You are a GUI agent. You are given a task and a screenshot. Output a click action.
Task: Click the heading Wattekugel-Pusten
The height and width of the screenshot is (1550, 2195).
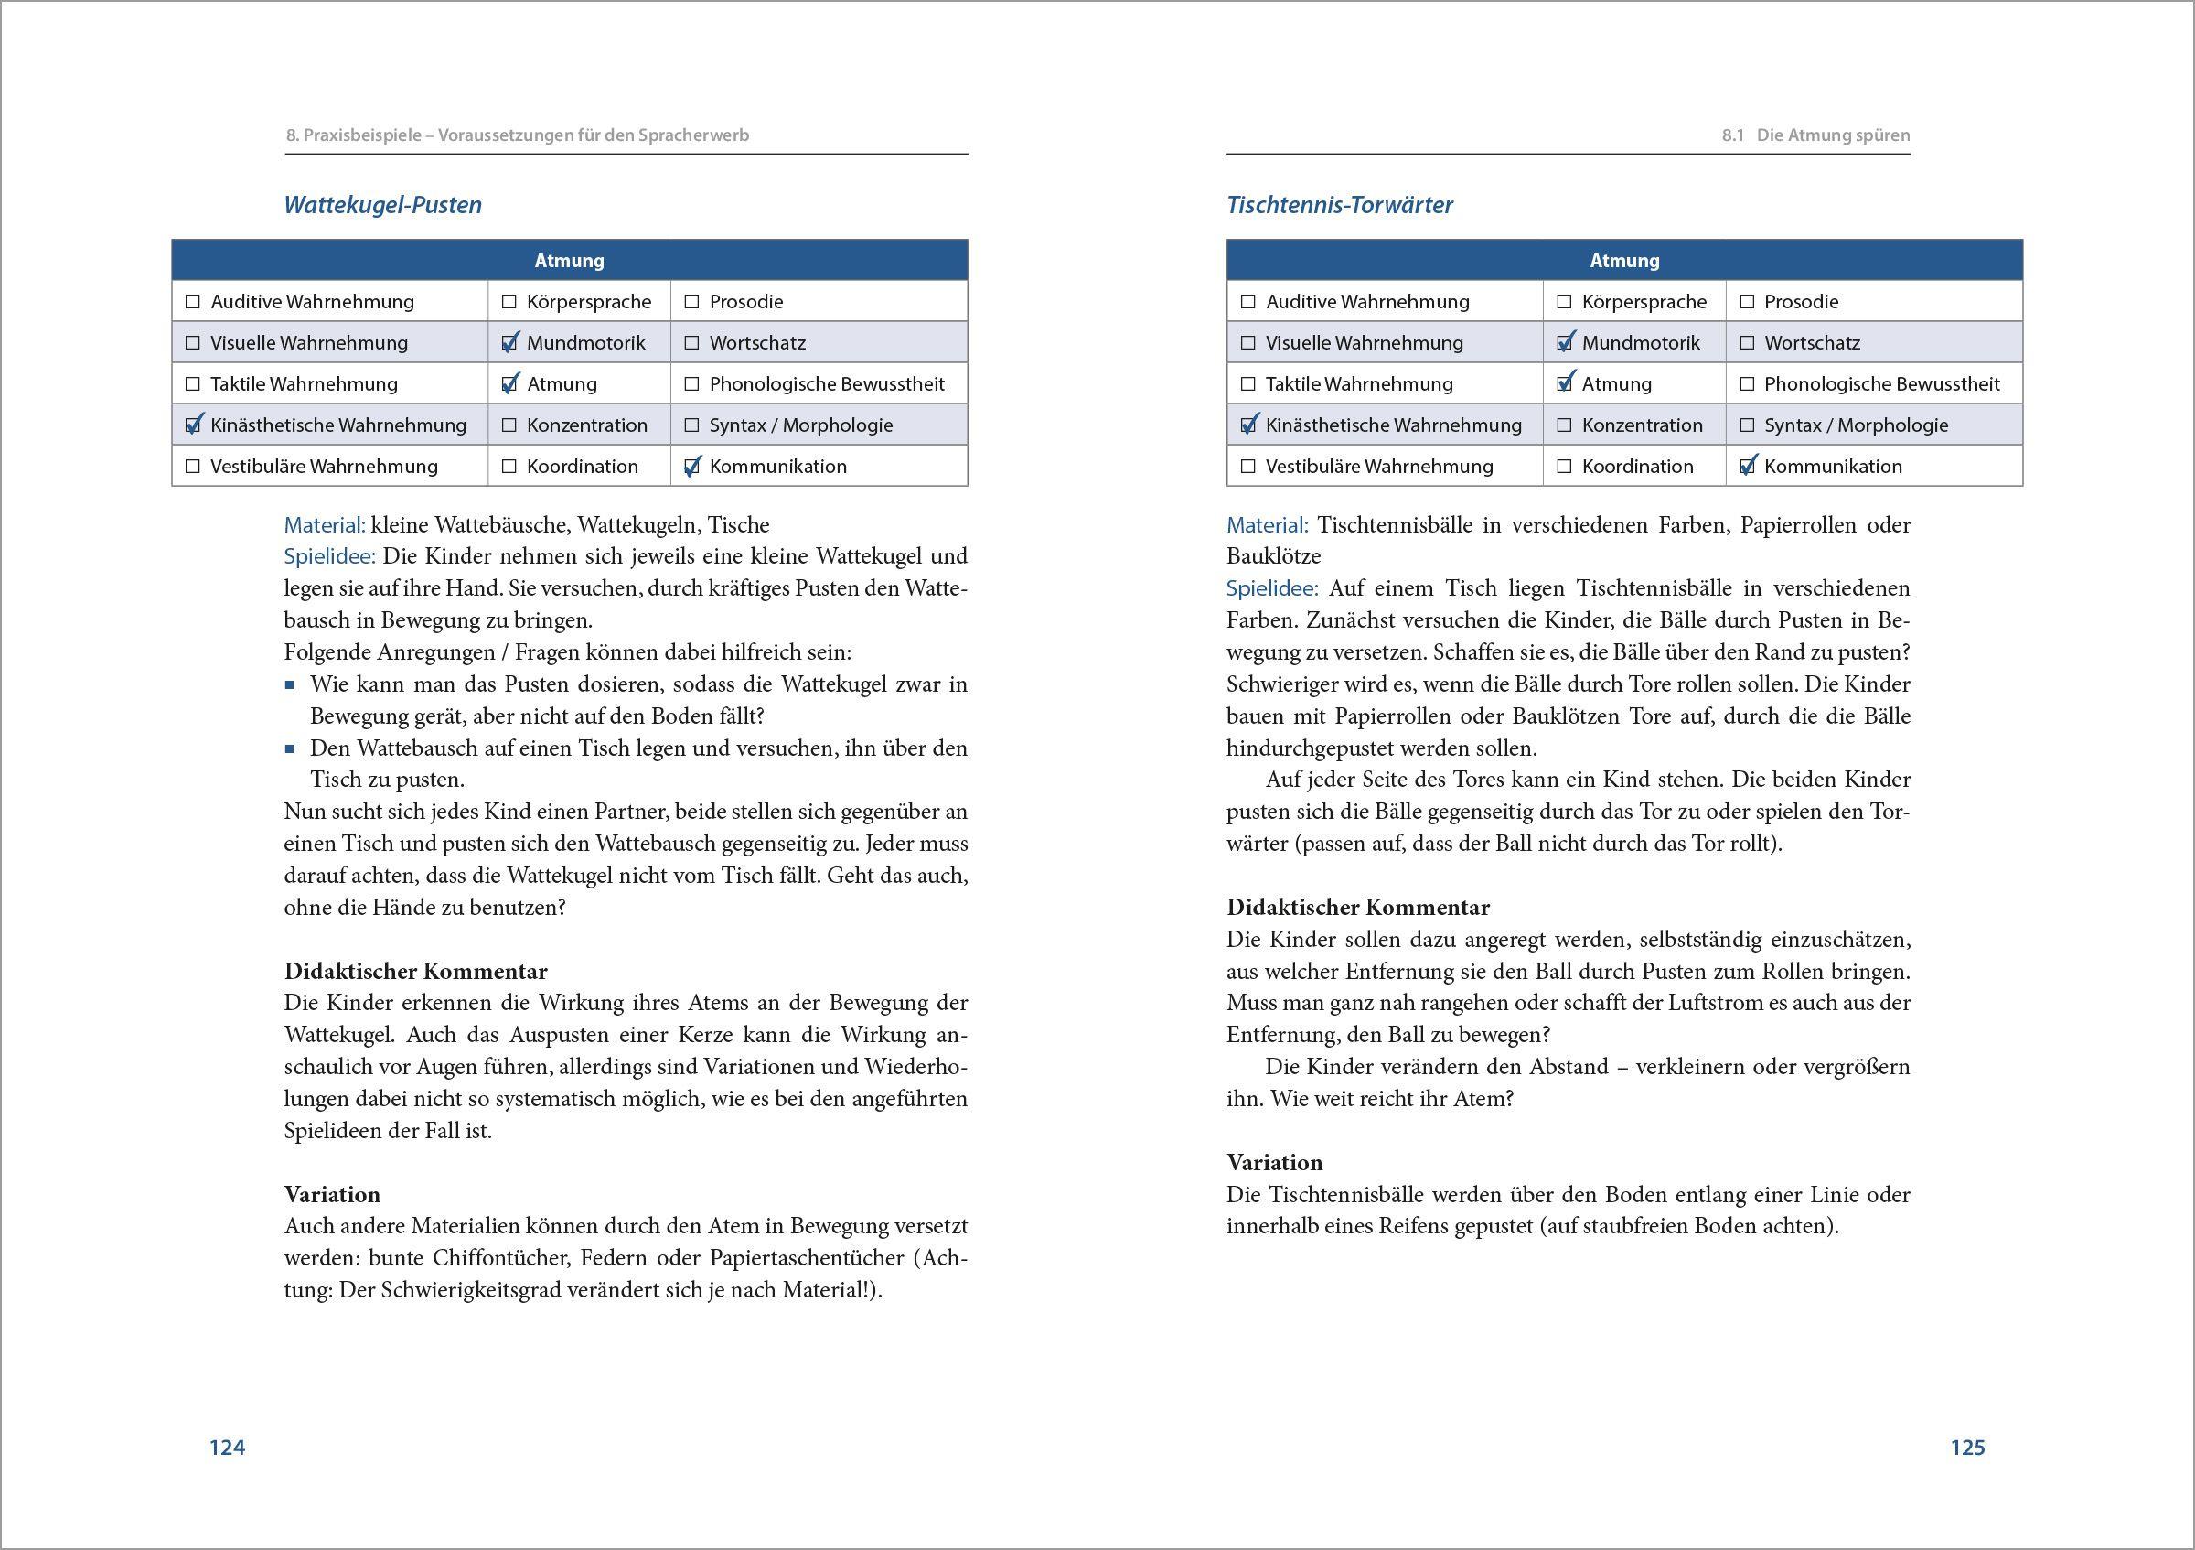pos(382,205)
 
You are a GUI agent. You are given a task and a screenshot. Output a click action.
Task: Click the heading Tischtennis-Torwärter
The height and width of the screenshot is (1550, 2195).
pos(1339,205)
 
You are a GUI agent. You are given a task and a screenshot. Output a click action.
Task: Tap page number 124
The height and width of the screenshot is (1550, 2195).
pos(228,1447)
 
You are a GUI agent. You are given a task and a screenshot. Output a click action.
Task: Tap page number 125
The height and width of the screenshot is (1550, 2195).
pos(1967,1447)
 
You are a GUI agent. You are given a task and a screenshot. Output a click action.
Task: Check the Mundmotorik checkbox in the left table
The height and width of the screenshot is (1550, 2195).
pos(509,342)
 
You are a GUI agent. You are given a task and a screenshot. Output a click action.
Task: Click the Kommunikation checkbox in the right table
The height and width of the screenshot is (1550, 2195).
pos(1748,467)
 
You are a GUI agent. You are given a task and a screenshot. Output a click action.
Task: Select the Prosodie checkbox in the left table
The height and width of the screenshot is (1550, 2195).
pos(692,301)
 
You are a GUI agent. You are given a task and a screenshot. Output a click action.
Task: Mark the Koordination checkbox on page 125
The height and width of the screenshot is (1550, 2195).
pos(1564,467)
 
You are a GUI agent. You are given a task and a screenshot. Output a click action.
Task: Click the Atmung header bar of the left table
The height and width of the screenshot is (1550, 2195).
pos(569,260)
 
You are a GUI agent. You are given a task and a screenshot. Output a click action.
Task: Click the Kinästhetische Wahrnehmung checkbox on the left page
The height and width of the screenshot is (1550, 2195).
pos(193,425)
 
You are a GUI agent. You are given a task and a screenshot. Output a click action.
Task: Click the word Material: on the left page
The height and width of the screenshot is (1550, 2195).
pos(324,525)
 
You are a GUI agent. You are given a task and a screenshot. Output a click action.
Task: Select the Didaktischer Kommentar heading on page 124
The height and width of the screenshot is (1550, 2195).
pos(416,972)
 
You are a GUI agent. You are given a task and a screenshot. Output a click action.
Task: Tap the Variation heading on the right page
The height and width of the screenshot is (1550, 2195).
pos(1274,1163)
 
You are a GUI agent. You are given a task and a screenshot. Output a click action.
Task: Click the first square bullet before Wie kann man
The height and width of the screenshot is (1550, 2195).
pos(290,684)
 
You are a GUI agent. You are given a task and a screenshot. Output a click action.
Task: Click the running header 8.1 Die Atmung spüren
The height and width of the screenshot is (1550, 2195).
pos(1815,135)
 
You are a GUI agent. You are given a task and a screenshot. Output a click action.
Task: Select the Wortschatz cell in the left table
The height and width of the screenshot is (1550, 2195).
pos(756,342)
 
